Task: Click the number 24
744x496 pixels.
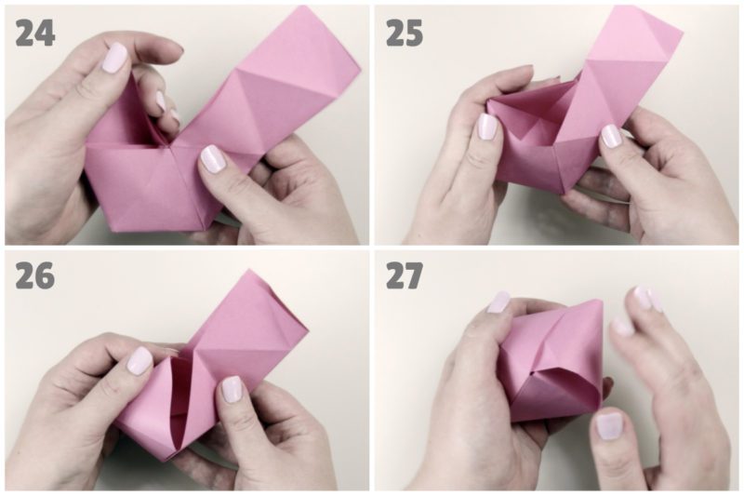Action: coord(35,33)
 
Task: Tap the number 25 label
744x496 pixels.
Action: coord(405,33)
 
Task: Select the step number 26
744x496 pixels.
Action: coord(34,275)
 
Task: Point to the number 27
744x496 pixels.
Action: coord(404,275)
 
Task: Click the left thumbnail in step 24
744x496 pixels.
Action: coord(114,58)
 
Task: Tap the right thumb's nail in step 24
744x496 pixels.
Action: coord(213,158)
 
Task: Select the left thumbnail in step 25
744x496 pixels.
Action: coord(486,127)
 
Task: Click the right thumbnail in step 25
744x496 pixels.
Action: coord(611,135)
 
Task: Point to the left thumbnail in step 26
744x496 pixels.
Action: coord(140,360)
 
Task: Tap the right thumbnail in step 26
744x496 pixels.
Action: coord(232,389)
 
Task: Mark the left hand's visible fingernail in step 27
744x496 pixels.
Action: coord(498,302)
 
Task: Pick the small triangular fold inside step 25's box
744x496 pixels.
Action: coord(539,128)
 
